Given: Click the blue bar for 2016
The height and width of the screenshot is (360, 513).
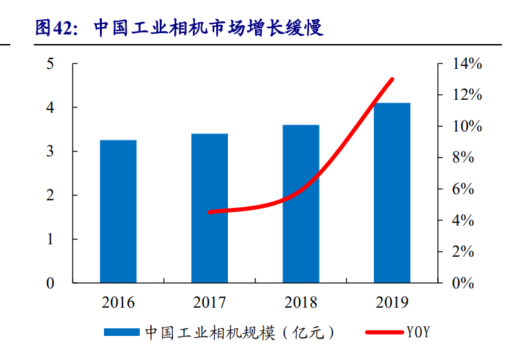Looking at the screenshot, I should pos(118,211).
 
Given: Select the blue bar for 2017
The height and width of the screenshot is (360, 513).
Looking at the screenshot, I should pos(209,208).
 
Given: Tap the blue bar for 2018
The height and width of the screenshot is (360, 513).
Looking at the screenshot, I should pos(301,204).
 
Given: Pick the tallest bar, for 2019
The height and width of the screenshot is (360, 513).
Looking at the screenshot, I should pos(392,193).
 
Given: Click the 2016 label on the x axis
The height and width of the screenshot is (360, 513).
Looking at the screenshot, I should pos(118,302).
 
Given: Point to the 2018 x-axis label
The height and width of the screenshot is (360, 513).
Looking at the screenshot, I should pos(300,302).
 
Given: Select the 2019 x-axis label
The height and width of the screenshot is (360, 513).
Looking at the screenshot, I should pos(392,302).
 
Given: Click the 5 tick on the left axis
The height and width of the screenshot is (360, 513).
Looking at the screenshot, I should pos(50,64).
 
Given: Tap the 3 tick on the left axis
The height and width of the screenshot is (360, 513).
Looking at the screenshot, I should pos(50,151).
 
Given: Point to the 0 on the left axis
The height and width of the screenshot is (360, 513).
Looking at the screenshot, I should pos(50,283).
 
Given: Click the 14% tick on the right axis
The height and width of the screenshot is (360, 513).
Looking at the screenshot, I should pos(467,64).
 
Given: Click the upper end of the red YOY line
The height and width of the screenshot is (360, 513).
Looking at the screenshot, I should pos(392,80).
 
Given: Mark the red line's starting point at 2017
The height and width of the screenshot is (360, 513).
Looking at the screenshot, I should pos(209,212).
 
